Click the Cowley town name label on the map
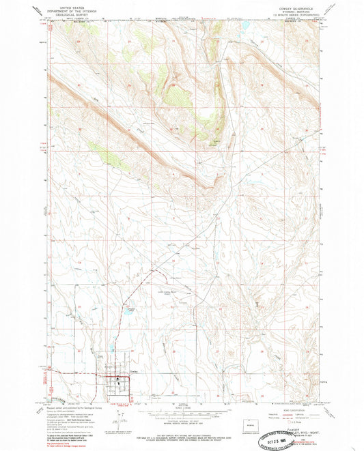coord(134,372)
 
